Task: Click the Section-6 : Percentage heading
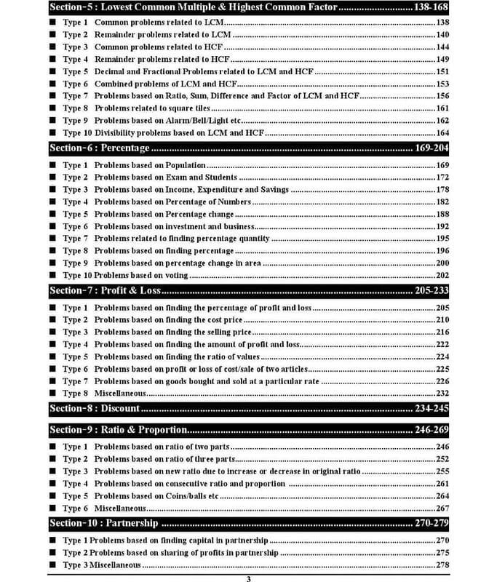coord(99,148)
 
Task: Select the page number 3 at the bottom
coord(248,578)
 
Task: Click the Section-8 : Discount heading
coord(95,408)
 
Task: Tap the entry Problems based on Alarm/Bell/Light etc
coord(169,121)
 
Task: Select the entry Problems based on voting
coord(141,276)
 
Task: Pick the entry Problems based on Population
coord(150,166)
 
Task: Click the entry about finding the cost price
coord(168,320)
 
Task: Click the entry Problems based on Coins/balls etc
coord(156,496)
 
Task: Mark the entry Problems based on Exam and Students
coord(165,178)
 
